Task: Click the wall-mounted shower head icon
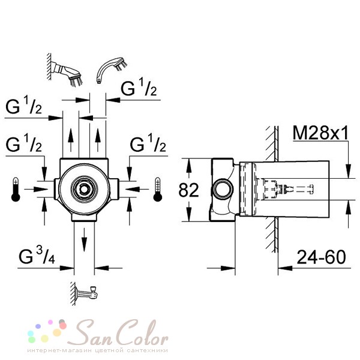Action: [x=65, y=70]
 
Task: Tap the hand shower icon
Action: [x=112, y=70]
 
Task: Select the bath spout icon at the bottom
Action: [x=85, y=293]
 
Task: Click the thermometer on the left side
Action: [x=16, y=190]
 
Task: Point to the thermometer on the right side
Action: [x=158, y=190]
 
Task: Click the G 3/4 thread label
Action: [x=37, y=256]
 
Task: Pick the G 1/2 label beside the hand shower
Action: [x=139, y=88]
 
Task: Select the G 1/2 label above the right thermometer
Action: [x=148, y=144]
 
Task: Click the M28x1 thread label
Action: [x=321, y=133]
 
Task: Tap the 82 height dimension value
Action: [x=188, y=190]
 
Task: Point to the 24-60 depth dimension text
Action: [x=321, y=257]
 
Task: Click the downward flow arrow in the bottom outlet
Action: [x=85, y=241]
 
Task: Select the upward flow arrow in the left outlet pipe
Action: [x=71, y=140]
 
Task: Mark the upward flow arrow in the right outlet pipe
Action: [x=98, y=140]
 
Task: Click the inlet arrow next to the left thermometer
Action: [x=36, y=190]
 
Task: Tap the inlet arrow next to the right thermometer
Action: [x=137, y=189]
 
